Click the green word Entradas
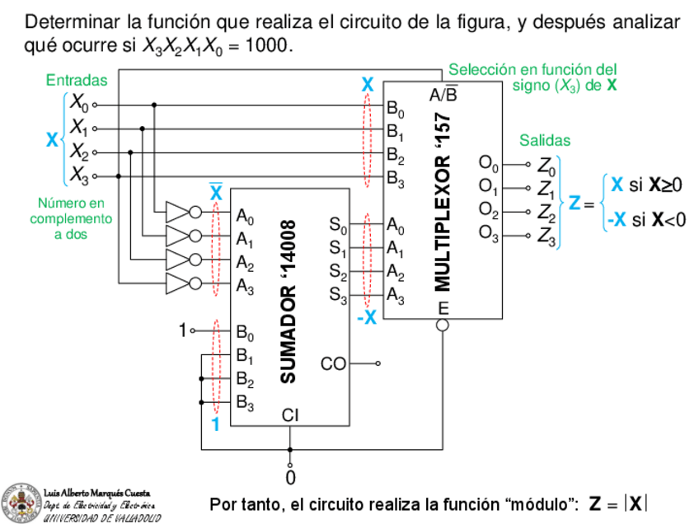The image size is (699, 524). point(77,81)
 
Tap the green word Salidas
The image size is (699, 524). point(544,141)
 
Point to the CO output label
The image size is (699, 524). point(332,363)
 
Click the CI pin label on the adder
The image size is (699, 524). point(289,414)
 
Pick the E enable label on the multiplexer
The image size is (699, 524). point(443,308)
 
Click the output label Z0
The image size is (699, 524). point(546,165)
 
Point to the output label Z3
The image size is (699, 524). point(546,237)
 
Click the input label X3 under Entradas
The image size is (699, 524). point(79,175)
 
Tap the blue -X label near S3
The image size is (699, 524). point(367,317)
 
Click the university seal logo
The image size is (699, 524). point(20,502)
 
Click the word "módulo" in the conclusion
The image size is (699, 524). point(537,503)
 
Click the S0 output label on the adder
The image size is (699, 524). point(337,223)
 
